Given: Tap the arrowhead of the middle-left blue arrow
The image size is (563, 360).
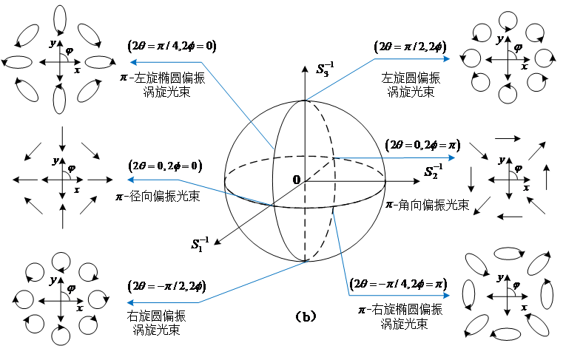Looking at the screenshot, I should pyautogui.click(x=130, y=180).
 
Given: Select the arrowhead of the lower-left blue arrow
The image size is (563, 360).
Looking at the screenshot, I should pyautogui.click(x=130, y=302).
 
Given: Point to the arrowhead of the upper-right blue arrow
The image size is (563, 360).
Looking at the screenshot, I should pyautogui.click(x=447, y=59).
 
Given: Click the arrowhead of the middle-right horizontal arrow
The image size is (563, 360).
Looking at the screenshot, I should pyautogui.click(x=452, y=157).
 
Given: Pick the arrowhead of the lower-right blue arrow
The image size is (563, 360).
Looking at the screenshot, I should pyautogui.click(x=447, y=295).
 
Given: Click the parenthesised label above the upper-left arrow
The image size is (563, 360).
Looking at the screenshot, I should pyautogui.click(x=172, y=46).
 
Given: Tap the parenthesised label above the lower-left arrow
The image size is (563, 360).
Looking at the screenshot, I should pyautogui.click(x=166, y=285).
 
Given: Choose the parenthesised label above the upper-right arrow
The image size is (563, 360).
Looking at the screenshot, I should pyautogui.click(x=411, y=46).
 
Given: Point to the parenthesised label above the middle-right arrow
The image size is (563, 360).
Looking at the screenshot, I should pyautogui.click(x=422, y=144).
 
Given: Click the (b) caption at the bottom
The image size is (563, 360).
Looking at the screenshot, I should pyautogui.click(x=306, y=316).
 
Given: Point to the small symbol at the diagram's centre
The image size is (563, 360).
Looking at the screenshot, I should pyautogui.click(x=296, y=180).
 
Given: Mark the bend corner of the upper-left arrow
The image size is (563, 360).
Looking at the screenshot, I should pyautogui.click(x=201, y=62).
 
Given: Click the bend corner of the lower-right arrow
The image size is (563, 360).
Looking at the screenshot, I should pyautogui.click(x=349, y=295).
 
